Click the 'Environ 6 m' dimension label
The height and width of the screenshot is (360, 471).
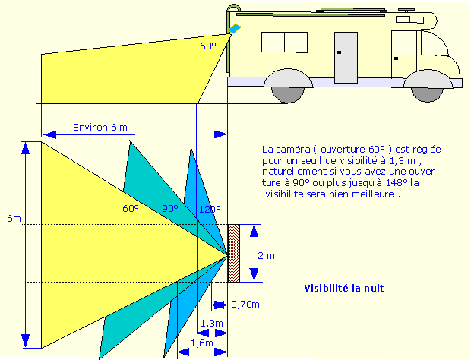(100, 127)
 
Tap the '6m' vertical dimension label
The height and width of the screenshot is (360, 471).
(14, 219)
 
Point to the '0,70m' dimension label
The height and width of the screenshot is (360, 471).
(245, 305)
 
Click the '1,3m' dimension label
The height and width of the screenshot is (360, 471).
(211, 324)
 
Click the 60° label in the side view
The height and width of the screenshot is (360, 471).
(207, 46)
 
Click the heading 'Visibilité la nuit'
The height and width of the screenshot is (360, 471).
(343, 289)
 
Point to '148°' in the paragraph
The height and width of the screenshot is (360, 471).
(407, 183)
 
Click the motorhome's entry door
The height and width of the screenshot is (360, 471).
(346, 58)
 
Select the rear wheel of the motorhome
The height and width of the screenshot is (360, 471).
(288, 88)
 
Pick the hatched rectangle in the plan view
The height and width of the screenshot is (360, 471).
(234, 252)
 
